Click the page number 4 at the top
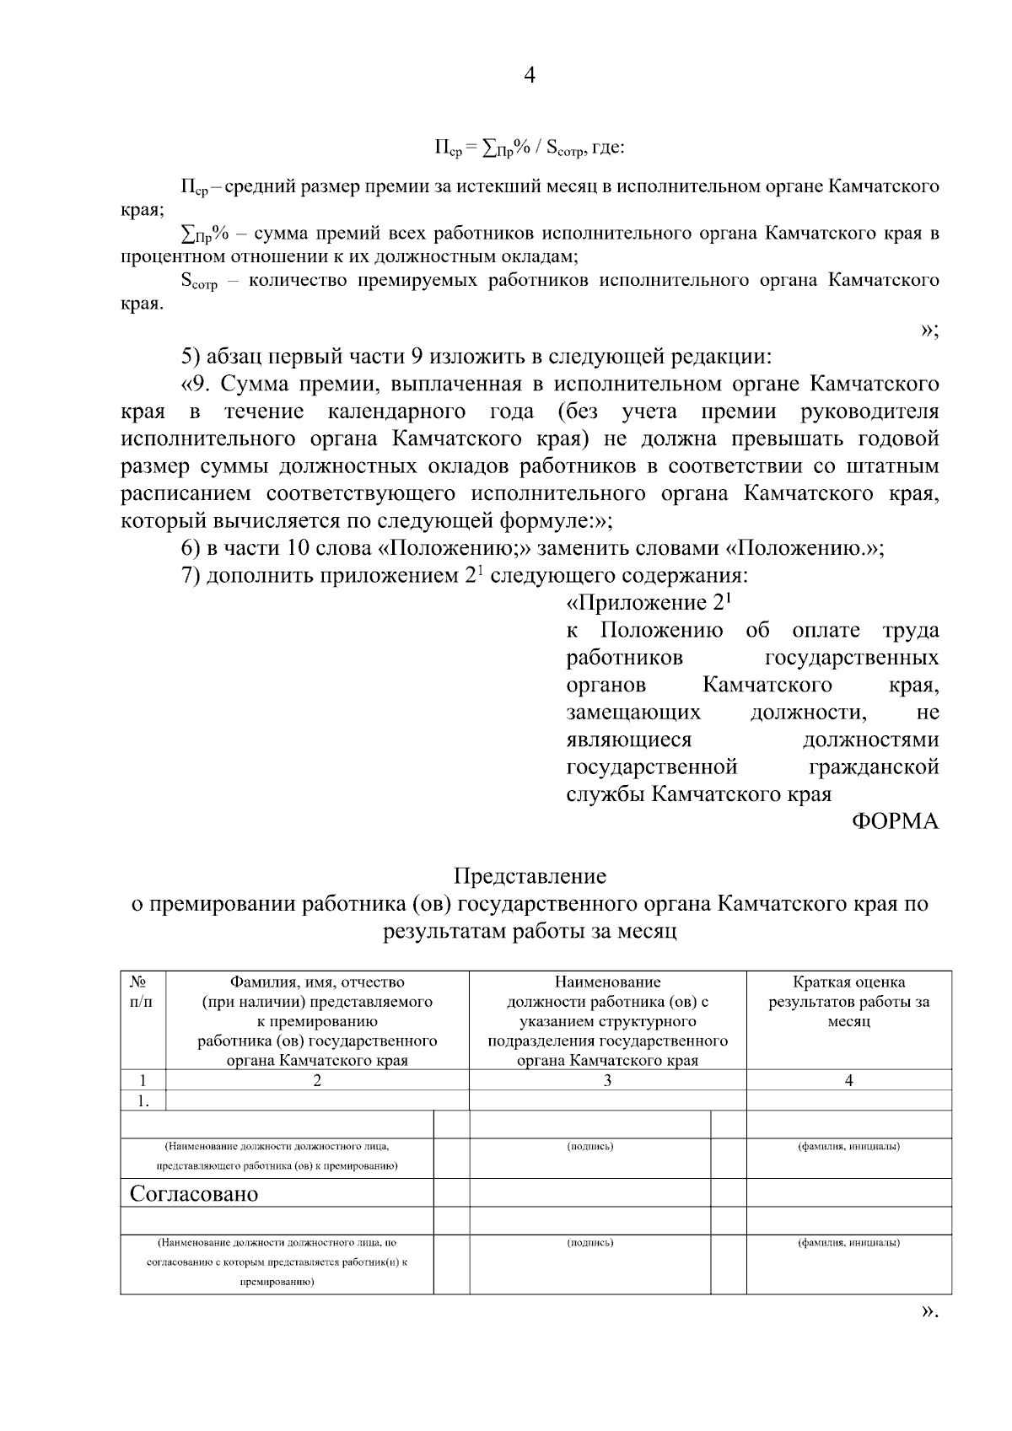(529, 76)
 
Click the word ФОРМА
(895, 821)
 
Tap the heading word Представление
(529, 876)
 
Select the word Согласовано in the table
(194, 1194)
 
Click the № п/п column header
(142, 991)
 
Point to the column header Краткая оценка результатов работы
(848, 1002)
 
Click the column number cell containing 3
(607, 1080)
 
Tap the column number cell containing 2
(317, 1080)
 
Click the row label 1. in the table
(143, 1100)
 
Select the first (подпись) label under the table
(589, 1147)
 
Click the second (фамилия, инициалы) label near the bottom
(848, 1242)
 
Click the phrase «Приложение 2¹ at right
(647, 603)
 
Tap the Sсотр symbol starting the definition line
(198, 282)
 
